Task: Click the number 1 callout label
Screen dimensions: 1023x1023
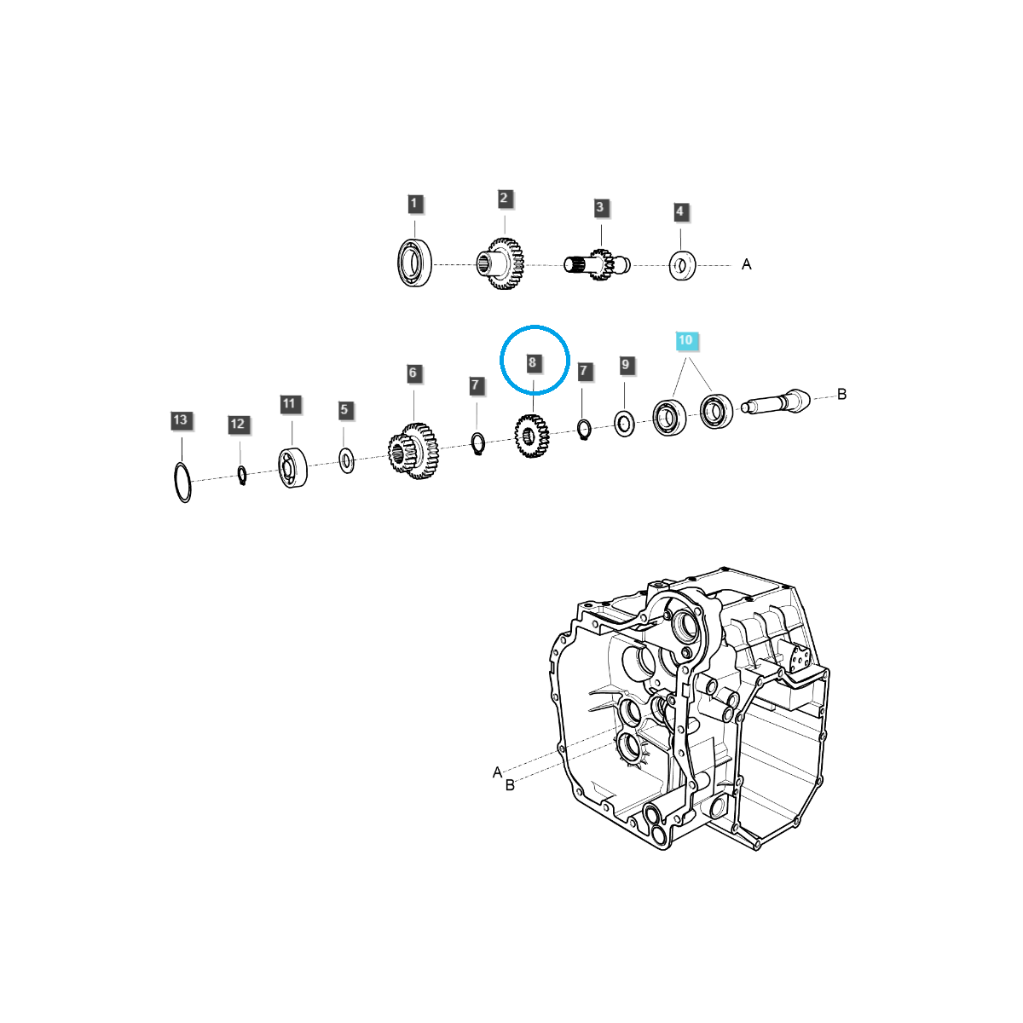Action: coord(414,204)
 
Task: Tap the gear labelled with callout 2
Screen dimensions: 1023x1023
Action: coord(503,263)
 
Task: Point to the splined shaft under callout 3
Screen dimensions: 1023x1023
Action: coord(598,264)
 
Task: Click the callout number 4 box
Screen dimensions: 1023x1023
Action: coord(679,211)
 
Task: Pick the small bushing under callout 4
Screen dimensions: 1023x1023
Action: coord(682,266)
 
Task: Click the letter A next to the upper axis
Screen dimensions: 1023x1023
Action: coord(747,264)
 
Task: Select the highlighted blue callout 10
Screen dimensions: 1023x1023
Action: coord(685,341)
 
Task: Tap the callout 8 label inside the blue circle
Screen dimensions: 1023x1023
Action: coord(532,363)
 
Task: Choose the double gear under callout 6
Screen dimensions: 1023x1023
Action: coord(413,449)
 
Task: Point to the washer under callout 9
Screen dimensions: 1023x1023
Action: coord(624,423)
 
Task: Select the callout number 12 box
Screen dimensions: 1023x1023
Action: coord(238,424)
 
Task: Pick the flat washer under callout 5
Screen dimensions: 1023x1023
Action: coord(346,461)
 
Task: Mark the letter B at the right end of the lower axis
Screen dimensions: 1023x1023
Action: coord(841,394)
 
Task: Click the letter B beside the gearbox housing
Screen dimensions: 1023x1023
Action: coord(510,785)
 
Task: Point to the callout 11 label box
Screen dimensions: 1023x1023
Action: coord(290,404)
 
